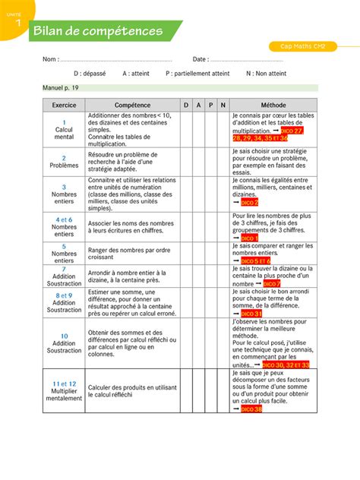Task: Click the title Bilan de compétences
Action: [97, 31]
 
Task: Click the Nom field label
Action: [50, 59]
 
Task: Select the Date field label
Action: [201, 59]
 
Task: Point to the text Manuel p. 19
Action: [61, 88]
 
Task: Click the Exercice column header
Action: [64, 105]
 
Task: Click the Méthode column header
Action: [273, 105]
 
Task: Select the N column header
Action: [223, 105]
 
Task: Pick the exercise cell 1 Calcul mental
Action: [64, 130]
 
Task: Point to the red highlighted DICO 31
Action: [251, 313]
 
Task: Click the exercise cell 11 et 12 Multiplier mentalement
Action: [64, 391]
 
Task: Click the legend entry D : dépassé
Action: [90, 74]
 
